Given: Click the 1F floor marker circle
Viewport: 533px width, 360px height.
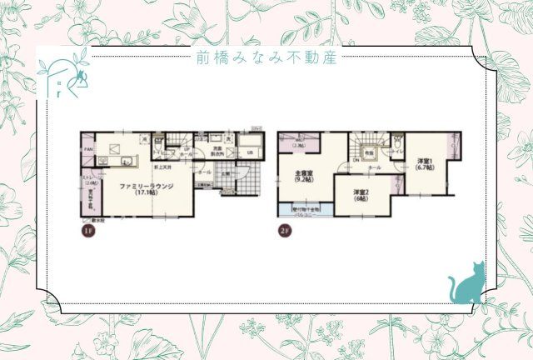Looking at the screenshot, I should point(86,231).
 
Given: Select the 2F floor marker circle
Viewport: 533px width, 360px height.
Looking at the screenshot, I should point(284,231).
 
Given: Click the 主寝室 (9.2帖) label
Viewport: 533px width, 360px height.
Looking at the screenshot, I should point(303,177).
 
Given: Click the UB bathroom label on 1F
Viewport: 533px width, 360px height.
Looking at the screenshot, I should point(249,152).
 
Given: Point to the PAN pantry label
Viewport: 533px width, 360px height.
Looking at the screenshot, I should point(88,149).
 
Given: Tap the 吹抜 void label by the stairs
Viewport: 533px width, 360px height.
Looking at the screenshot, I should point(368,152).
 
